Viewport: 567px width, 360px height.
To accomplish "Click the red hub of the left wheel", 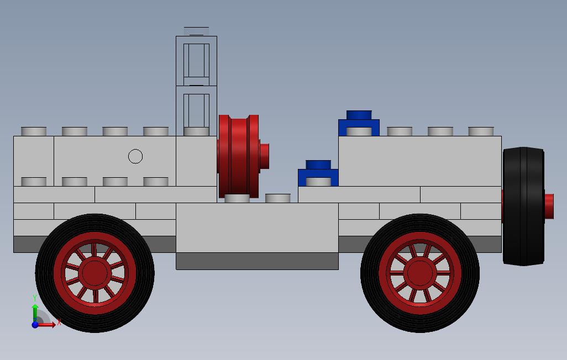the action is pyautogui.click(x=95, y=273).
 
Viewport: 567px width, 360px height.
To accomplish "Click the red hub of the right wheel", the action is pyautogui.click(x=420, y=273).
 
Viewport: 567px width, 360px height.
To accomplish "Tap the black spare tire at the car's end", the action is pyautogui.click(x=523, y=206).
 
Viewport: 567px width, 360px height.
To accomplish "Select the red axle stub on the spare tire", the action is pyautogui.click(x=549, y=207).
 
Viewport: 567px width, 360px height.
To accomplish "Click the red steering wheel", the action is pyautogui.click(x=239, y=156).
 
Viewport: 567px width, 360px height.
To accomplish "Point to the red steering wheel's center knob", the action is pyautogui.click(x=264, y=156).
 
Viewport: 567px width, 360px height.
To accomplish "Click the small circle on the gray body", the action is pyautogui.click(x=135, y=156).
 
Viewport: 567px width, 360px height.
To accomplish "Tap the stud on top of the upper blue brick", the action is pyautogui.click(x=359, y=115).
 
